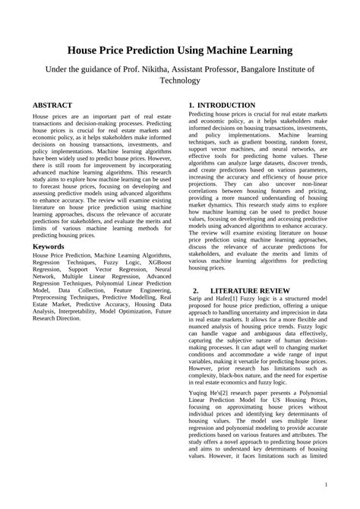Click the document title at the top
[180, 51]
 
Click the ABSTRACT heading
[53, 104]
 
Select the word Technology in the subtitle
[180, 80]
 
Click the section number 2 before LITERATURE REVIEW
[195, 291]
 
